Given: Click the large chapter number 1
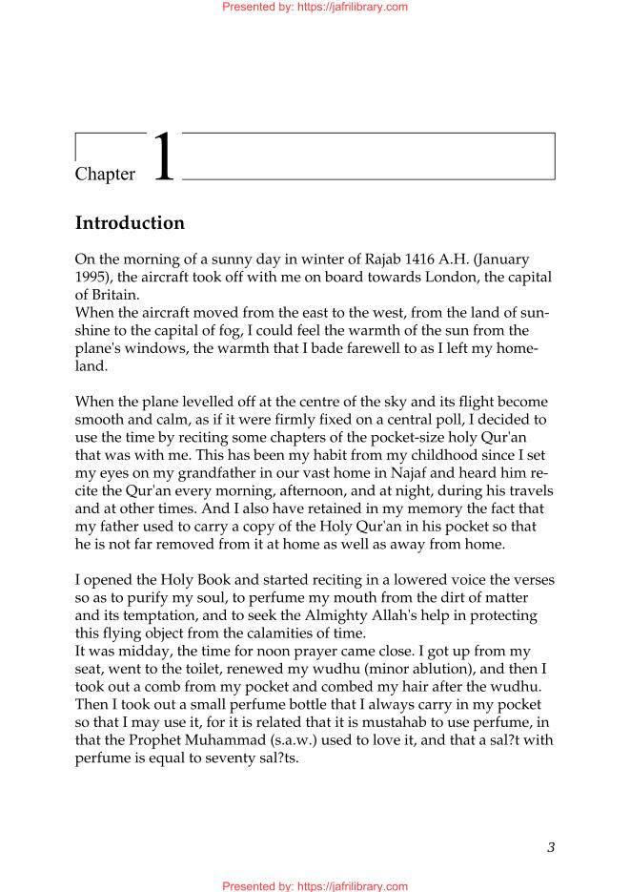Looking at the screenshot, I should pos(164,156).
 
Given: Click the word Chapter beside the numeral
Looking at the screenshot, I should pos(105,174).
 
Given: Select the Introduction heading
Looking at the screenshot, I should pos(130,223).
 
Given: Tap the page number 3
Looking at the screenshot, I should pos(551,846).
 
